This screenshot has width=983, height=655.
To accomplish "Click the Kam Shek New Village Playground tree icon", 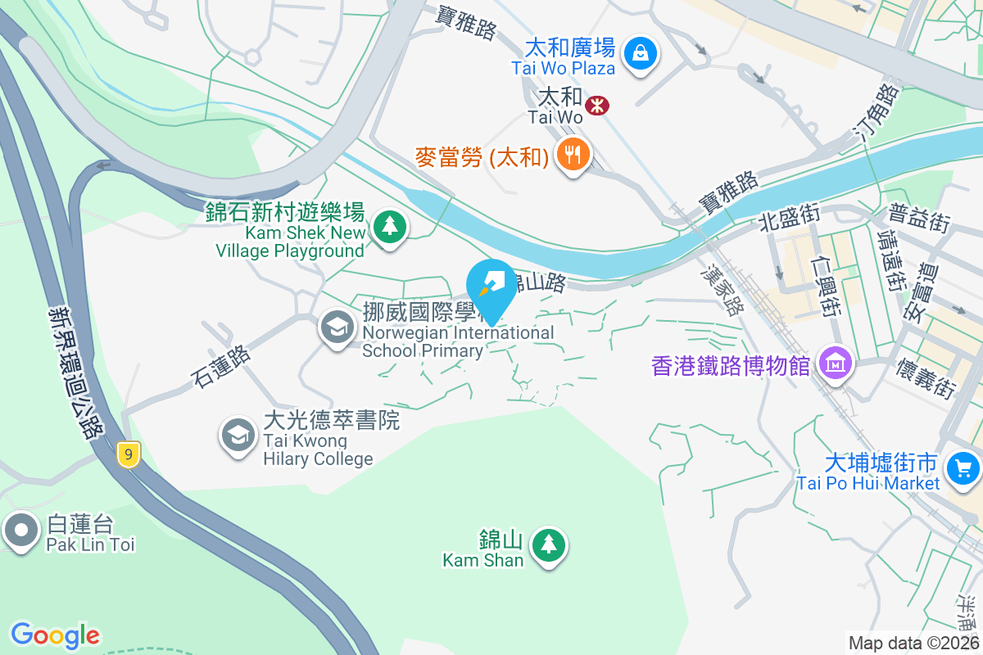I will (390, 225).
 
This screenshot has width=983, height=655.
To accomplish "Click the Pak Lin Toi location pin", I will (20, 530).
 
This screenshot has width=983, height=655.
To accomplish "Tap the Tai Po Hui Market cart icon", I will (962, 468).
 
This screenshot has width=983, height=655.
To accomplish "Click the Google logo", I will (55, 635).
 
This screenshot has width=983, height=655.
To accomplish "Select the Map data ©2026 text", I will (913, 643).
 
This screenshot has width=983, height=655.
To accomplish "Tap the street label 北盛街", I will (789, 219).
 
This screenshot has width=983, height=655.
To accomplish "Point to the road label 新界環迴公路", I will (75, 372).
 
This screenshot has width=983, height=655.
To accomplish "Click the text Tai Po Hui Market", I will (867, 483).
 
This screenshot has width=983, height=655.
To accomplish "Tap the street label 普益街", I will (919, 219).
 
